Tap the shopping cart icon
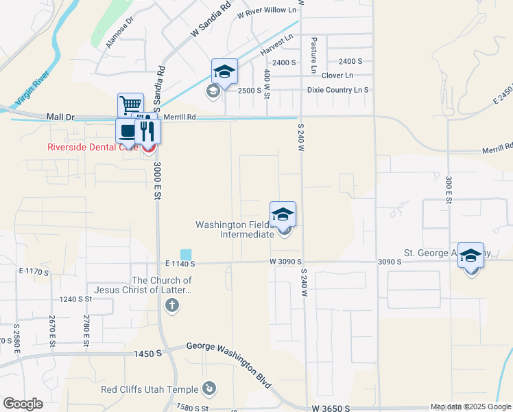130,106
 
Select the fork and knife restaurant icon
147,130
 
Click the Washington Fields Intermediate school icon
283,214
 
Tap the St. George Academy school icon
470,255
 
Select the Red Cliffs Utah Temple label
150,389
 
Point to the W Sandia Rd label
210,20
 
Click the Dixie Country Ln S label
337,90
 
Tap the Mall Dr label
60,117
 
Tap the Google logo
23,404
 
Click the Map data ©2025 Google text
470,407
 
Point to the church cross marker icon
171,304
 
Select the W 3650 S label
331,408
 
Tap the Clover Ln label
337,76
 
